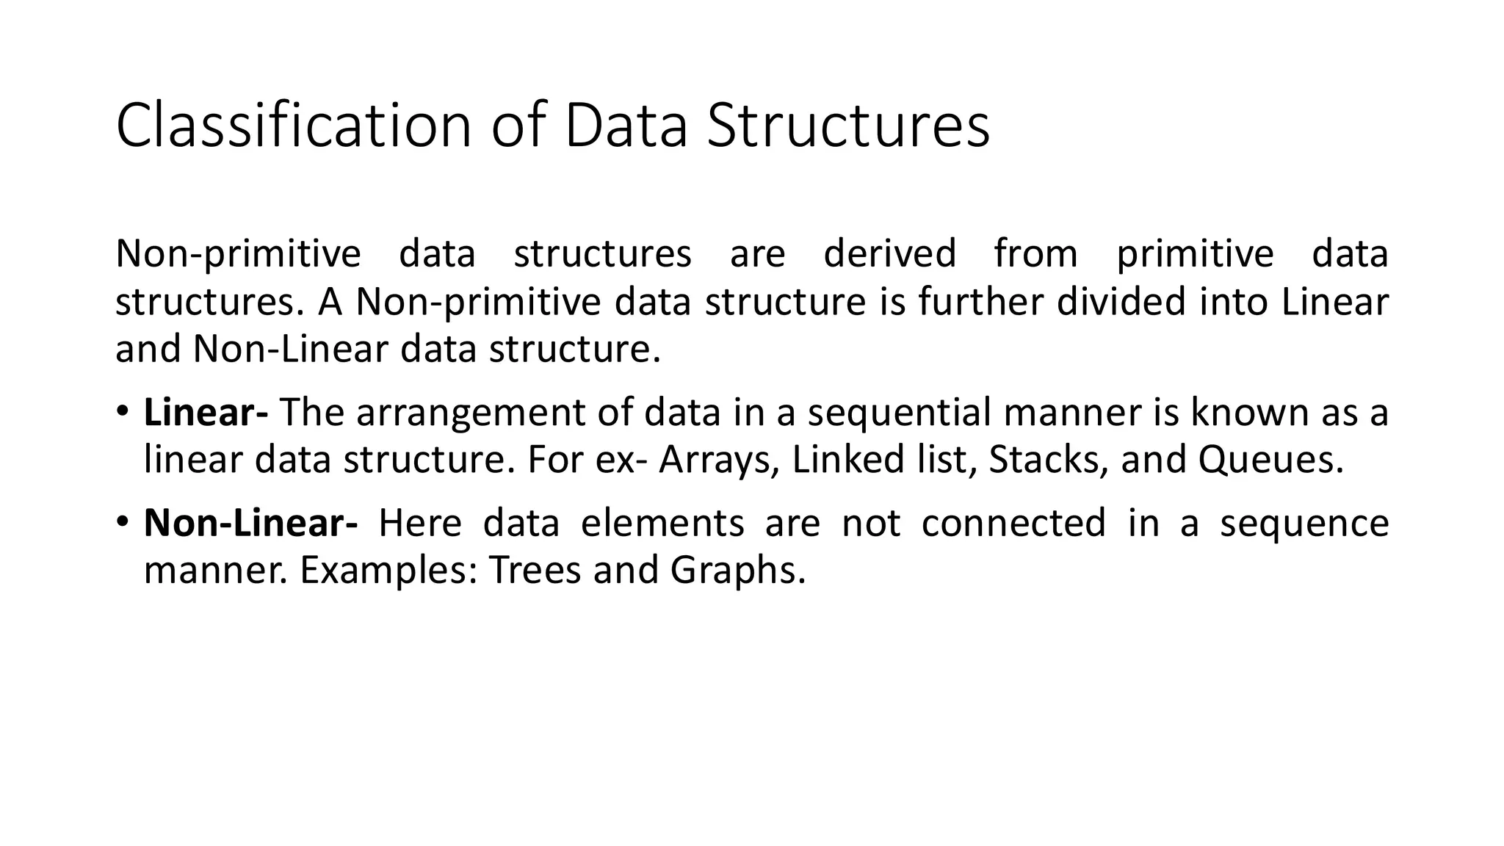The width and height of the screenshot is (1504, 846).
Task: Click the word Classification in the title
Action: point(293,126)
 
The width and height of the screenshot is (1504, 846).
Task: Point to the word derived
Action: point(889,253)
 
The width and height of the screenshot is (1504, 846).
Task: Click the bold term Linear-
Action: point(206,412)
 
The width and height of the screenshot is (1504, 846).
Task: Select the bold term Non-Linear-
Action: point(250,523)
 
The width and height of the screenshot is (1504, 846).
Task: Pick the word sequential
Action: point(900,413)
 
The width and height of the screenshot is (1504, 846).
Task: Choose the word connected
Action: point(1013,523)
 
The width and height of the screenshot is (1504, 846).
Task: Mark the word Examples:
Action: point(389,571)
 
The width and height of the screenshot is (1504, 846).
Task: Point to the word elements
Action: point(662,523)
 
